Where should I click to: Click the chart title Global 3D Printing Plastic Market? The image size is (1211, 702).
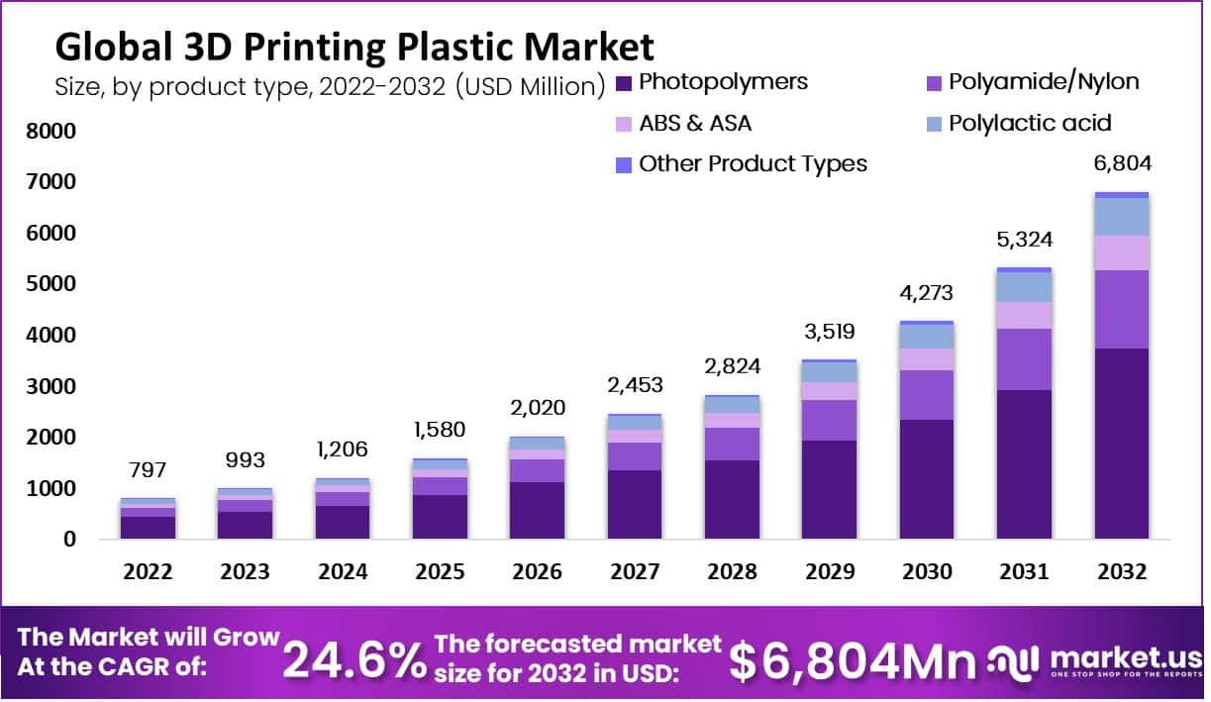pos(353,47)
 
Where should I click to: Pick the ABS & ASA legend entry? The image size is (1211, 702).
pos(694,123)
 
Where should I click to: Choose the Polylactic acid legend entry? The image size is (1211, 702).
pos(1030,123)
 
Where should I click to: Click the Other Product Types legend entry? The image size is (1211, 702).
pos(753,163)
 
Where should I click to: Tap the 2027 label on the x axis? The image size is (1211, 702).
pos(634,572)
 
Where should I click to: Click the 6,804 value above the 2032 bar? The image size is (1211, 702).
pos(1121,164)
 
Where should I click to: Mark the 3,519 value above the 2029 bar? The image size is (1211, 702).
pos(829,331)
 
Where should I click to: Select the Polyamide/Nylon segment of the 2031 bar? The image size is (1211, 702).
pos(1024,358)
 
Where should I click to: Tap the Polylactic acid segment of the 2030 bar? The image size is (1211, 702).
pos(927,337)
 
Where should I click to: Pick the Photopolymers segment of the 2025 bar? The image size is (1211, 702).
pos(440,516)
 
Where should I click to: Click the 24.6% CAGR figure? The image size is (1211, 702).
pos(353,659)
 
